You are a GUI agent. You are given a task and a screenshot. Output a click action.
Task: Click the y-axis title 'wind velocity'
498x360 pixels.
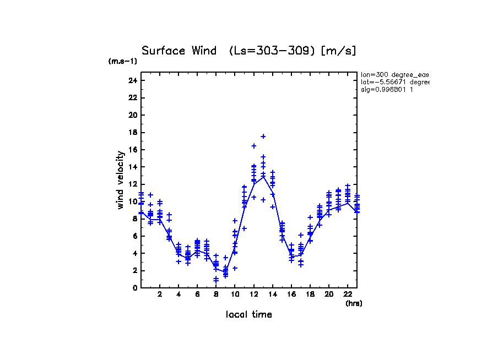pos(120,180)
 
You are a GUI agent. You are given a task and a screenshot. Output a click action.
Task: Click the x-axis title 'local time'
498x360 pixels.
pos(248,314)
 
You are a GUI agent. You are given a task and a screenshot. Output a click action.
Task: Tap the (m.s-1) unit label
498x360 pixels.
pos(123,62)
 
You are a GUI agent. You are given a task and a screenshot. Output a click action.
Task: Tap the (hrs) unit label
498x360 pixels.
pos(354,303)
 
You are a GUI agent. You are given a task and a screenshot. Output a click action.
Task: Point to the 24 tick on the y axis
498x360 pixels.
pos(132,80)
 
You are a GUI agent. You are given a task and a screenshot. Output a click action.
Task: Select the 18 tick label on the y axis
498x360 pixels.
pos(132,132)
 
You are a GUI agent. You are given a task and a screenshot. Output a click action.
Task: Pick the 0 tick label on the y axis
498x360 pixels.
pos(134,287)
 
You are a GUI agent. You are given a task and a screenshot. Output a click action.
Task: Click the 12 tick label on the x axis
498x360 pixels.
pos(253,294)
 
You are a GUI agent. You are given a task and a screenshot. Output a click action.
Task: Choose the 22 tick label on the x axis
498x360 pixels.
pos(348,294)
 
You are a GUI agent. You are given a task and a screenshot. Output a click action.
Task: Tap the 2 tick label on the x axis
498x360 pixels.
pos(160,294)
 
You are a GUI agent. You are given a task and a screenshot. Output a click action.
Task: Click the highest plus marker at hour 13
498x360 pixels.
pos(263,136)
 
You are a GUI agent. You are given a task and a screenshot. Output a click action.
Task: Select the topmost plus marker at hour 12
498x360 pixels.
pos(254,146)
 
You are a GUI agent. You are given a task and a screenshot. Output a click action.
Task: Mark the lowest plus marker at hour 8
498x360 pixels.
pos(216,281)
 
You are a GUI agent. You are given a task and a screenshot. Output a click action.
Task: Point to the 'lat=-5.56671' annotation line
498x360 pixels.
pos(394,82)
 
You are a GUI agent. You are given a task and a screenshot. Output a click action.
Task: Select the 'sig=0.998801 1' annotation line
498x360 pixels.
pos(387,89)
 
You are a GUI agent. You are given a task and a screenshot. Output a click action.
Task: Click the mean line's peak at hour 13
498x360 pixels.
pos(263,176)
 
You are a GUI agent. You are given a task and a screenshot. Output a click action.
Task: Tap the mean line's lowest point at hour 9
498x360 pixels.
pos(225,271)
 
